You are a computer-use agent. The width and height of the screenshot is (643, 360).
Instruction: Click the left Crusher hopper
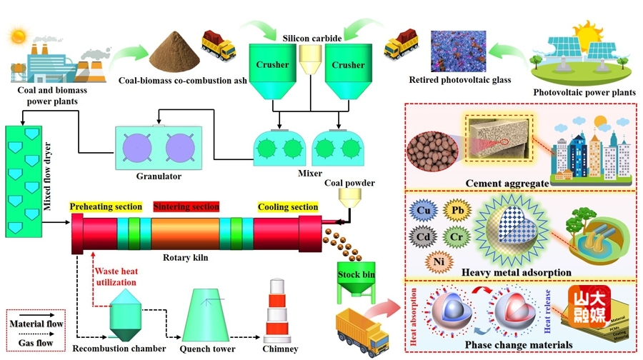pos(273,71)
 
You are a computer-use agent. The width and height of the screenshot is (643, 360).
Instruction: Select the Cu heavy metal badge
pos(424,211)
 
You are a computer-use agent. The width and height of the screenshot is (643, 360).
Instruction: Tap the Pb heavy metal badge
pos(457,211)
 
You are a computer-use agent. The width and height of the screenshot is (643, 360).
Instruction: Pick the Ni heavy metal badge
pos(439,261)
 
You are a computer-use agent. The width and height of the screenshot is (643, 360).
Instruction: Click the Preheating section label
pos(106,207)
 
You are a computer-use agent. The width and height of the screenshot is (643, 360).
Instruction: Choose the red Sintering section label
pos(186,207)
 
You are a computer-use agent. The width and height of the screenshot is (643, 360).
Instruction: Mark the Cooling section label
pos(289,207)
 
